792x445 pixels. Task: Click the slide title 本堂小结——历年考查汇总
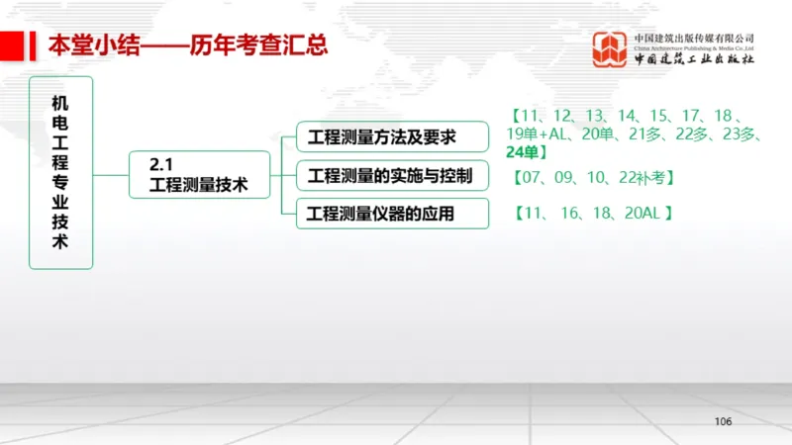[188, 45]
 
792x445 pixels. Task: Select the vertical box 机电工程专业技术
[60, 172]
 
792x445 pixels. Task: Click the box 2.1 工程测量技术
[199, 174]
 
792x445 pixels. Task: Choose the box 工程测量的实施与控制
[392, 175]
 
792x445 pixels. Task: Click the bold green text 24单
[523, 151]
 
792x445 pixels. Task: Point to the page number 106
[723, 422]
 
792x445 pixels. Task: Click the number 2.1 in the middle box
[161, 164]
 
